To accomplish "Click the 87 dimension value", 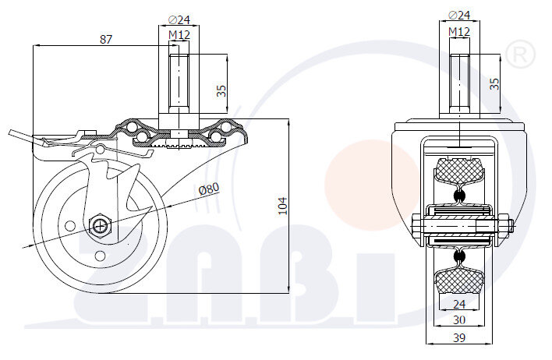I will tap(106, 39).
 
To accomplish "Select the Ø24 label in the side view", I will tap(179, 21).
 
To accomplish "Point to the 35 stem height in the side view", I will tap(221, 90).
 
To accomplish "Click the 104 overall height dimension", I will tap(283, 205).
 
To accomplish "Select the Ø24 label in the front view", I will tap(459, 15).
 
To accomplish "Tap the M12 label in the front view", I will tap(459, 31).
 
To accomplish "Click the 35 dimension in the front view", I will tap(494, 83).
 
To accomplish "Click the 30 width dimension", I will tap(459, 319).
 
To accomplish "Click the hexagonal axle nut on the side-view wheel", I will tap(101, 226).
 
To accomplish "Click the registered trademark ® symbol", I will tap(520, 55).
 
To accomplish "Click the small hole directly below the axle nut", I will tap(100, 256).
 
